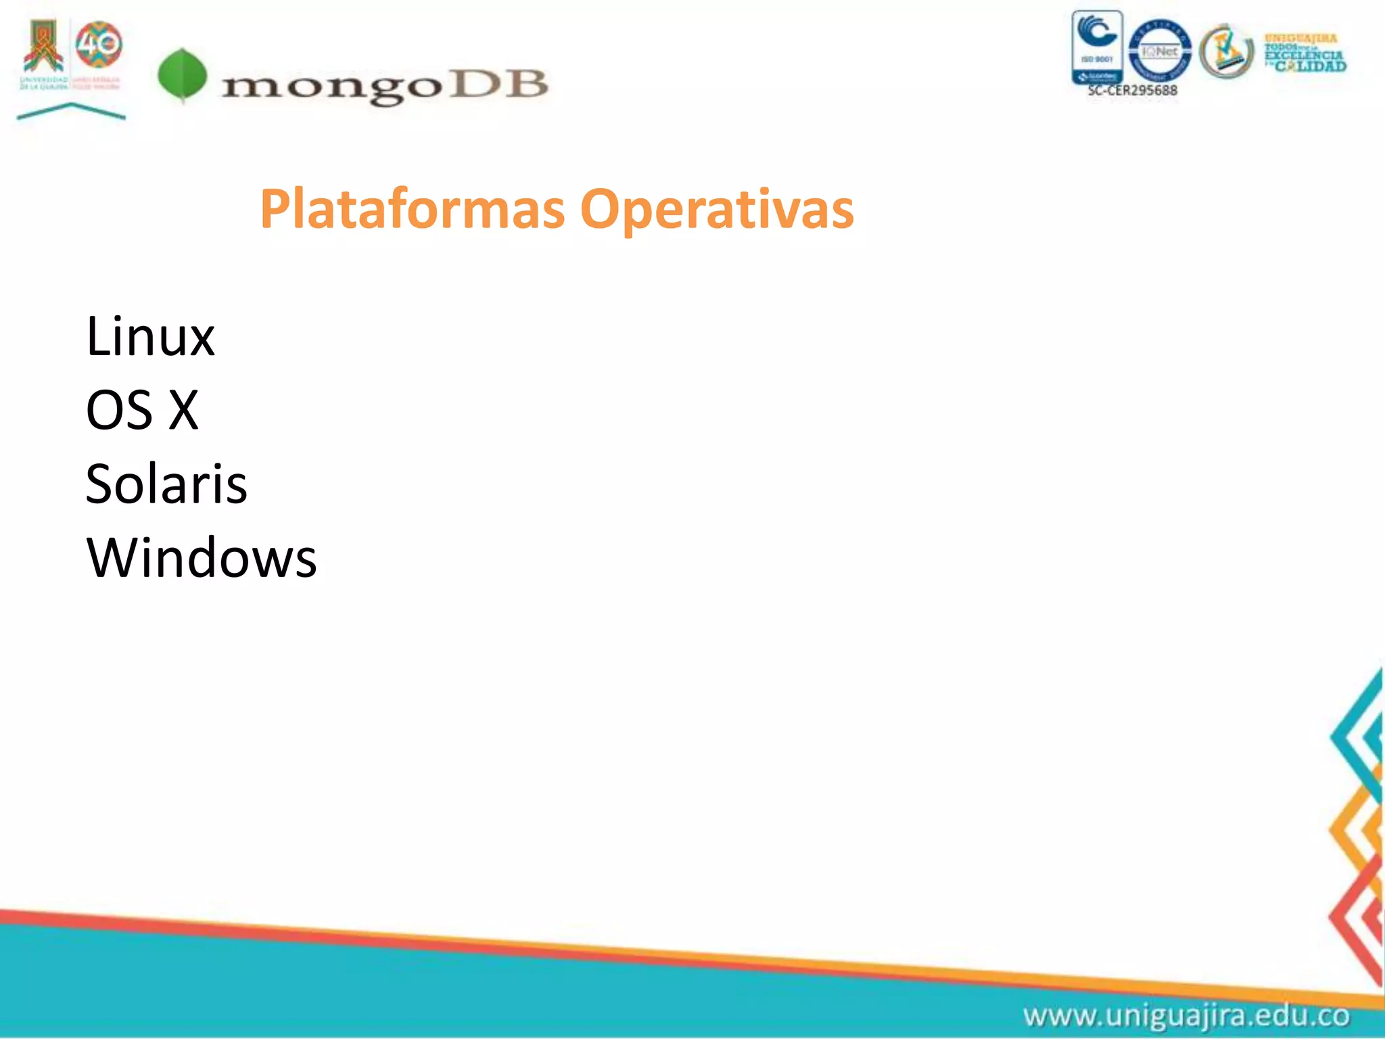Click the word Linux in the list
150,336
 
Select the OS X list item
142,410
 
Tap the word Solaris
166,484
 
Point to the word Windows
202,558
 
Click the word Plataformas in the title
412,209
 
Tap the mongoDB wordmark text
384,87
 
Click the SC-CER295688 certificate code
1132,91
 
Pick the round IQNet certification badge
1160,50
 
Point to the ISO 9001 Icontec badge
1097,47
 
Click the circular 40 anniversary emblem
99,45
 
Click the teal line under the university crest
71,111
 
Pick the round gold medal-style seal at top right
1226,51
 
